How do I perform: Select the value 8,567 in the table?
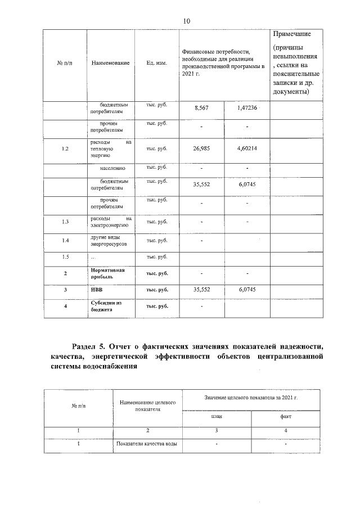point(201,108)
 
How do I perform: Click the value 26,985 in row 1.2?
point(201,149)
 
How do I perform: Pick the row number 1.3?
point(65,222)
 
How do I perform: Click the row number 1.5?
point(65,258)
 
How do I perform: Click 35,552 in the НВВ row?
point(201,290)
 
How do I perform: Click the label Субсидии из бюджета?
point(106,306)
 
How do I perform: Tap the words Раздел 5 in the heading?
point(90,345)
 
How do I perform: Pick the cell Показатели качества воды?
point(147,444)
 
